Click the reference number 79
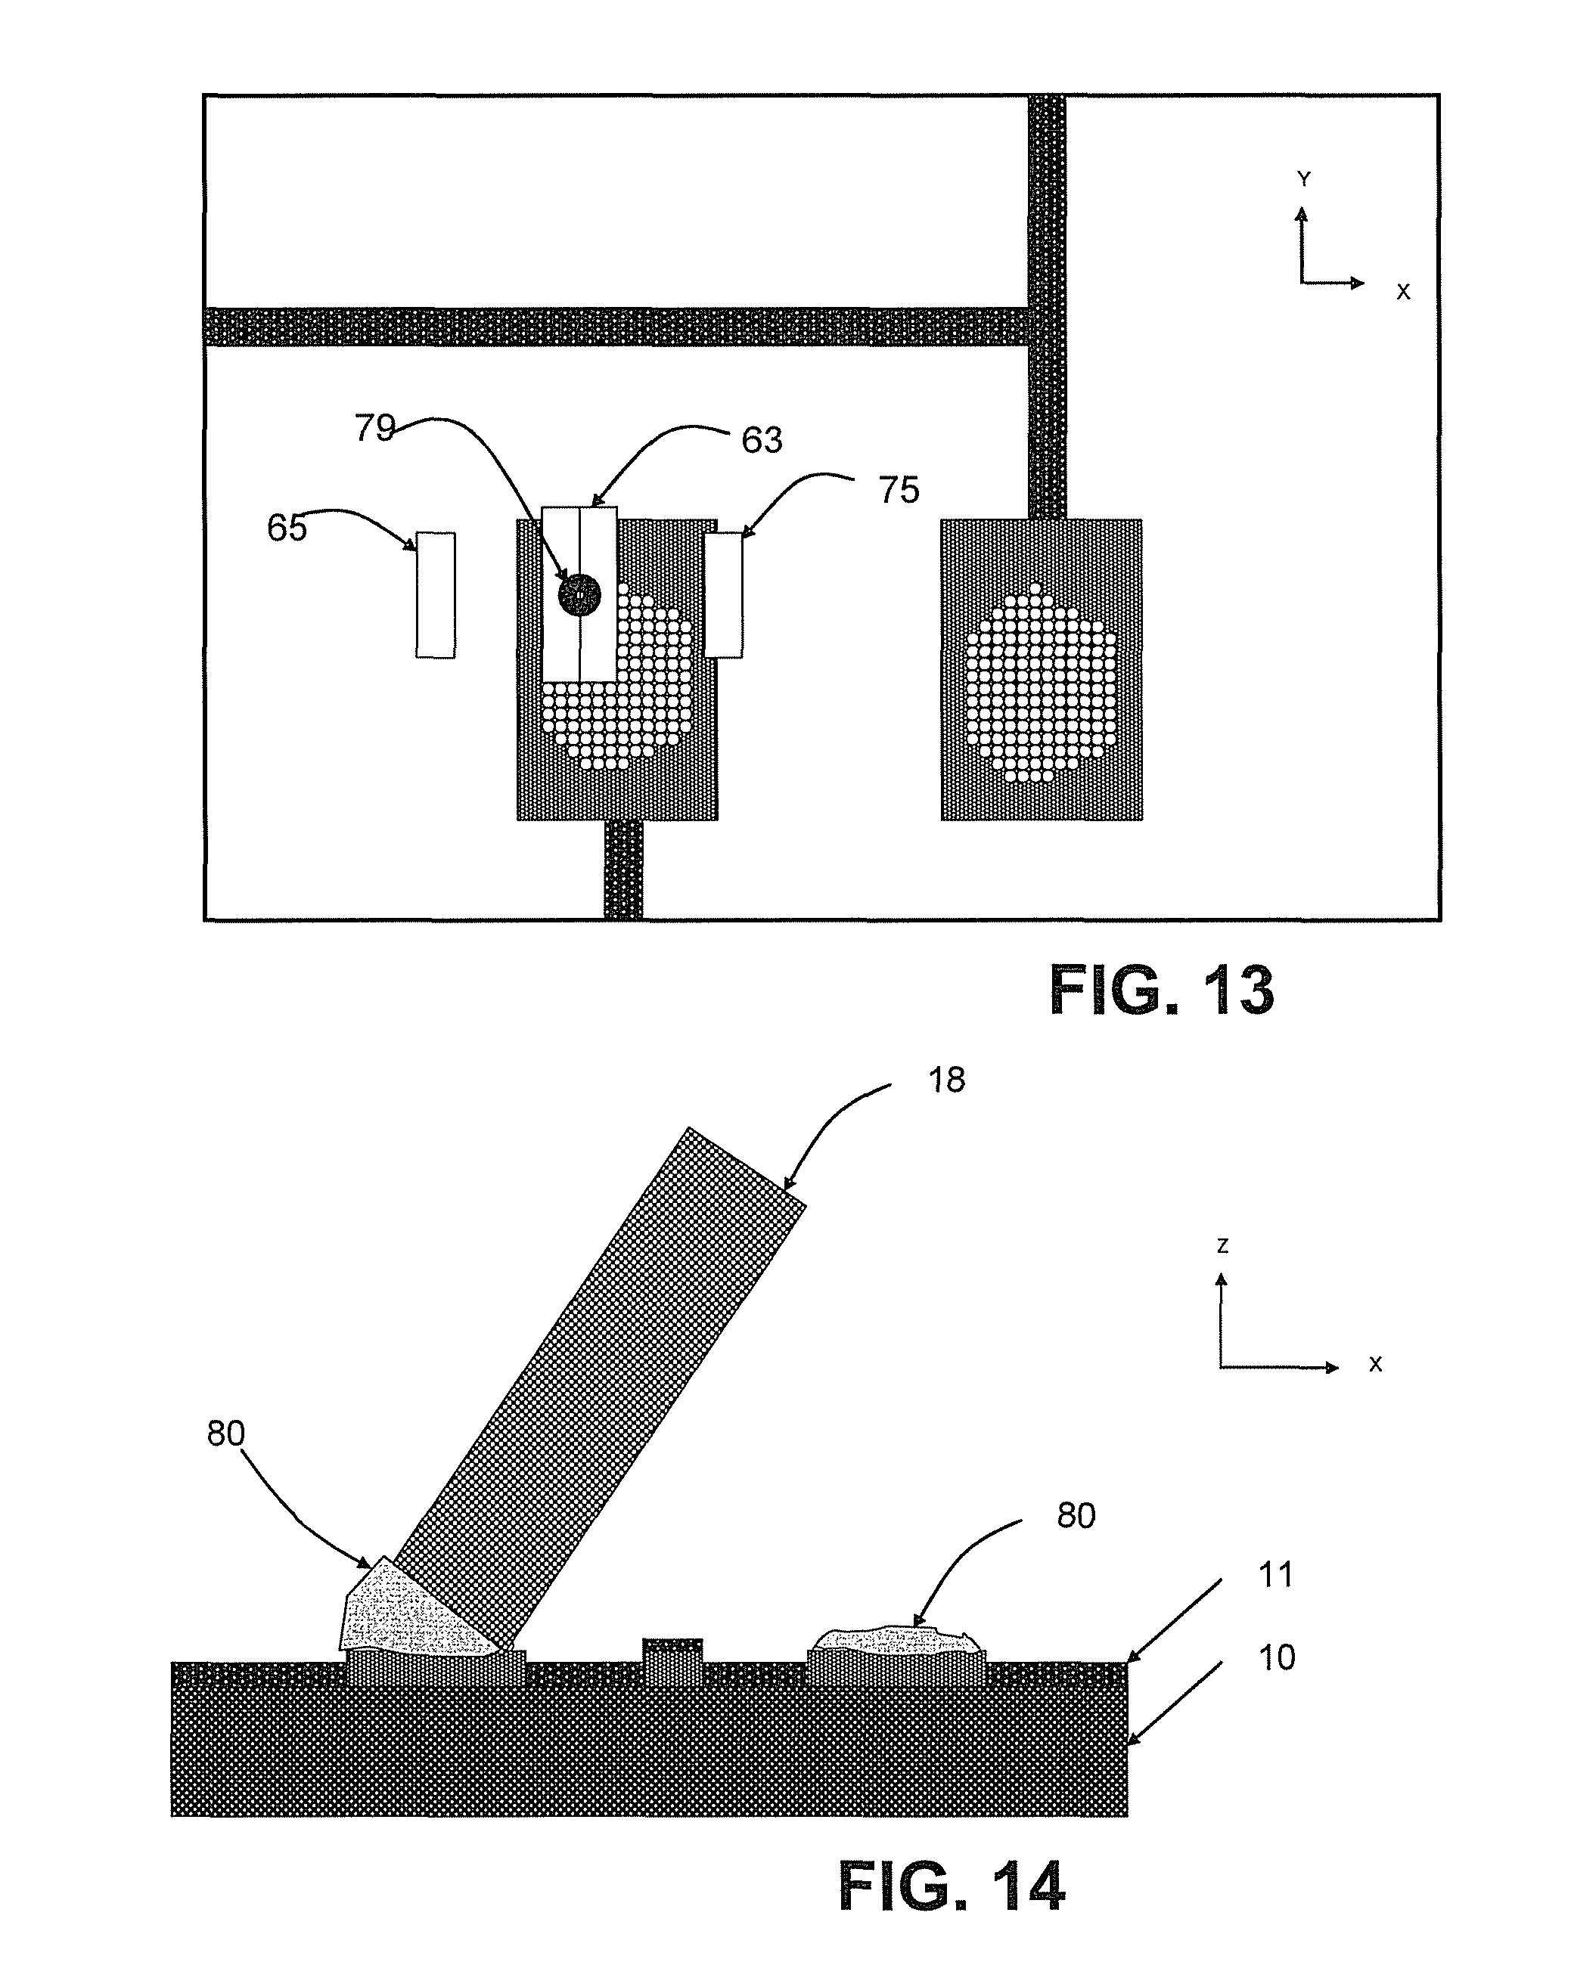(x=374, y=429)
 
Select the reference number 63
(x=762, y=441)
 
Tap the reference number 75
(x=899, y=490)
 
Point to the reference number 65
(x=286, y=528)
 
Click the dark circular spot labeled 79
(x=579, y=595)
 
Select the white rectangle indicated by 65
(x=435, y=595)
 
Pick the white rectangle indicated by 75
(x=724, y=595)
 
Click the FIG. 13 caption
(x=1162, y=991)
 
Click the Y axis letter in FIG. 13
(x=1303, y=180)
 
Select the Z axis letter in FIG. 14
(x=1222, y=1247)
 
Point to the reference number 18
(x=946, y=1080)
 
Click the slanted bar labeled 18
(x=600, y=1390)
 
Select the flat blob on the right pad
(x=897, y=1639)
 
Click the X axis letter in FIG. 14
(x=1375, y=1365)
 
